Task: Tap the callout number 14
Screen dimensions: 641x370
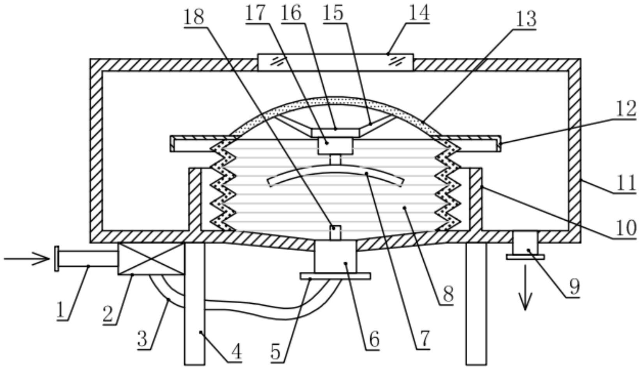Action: point(419,13)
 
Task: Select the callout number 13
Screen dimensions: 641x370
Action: point(525,18)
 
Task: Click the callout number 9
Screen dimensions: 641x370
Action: point(574,287)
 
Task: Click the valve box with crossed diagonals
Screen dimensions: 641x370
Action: point(151,259)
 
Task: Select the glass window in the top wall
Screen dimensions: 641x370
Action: point(335,62)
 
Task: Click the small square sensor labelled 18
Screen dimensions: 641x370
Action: point(335,233)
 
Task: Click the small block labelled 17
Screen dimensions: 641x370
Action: point(335,146)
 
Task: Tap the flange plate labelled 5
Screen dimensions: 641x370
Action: point(335,276)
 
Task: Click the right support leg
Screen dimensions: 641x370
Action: point(476,304)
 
